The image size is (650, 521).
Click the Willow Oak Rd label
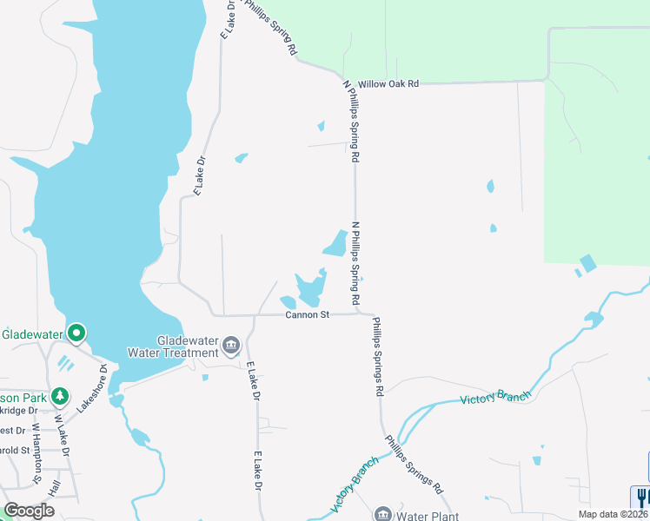point(391,83)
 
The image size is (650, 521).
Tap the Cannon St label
point(307,315)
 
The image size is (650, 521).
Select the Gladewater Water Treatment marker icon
point(230,346)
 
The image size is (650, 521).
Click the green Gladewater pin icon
point(76,333)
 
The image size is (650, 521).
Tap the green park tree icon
point(59,396)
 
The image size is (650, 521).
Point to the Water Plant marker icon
point(382,514)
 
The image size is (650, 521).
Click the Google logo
point(30,511)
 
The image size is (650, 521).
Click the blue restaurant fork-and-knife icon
point(643,497)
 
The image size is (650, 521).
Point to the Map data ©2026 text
point(613,514)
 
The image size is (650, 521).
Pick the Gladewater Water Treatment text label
point(187,346)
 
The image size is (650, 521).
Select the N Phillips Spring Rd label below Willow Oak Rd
point(351,122)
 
